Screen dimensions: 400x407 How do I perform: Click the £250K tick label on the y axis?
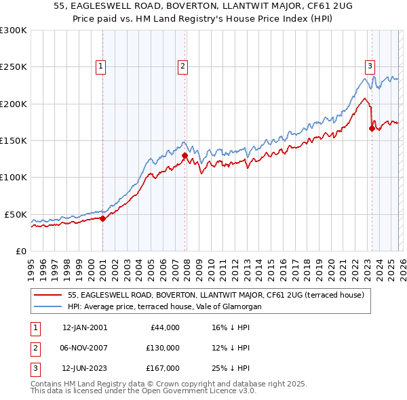tap(14, 67)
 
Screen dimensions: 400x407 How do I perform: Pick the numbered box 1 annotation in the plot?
tap(100, 66)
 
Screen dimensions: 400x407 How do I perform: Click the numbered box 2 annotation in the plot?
tap(183, 66)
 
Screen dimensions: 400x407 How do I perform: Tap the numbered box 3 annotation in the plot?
tap(370, 66)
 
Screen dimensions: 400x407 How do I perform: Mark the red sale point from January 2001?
tap(102, 218)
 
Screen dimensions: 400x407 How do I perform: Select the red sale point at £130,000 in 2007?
tap(185, 155)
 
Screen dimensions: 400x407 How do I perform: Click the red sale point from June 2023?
tap(372, 128)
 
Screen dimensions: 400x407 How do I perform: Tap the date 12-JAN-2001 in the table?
tap(85, 327)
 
